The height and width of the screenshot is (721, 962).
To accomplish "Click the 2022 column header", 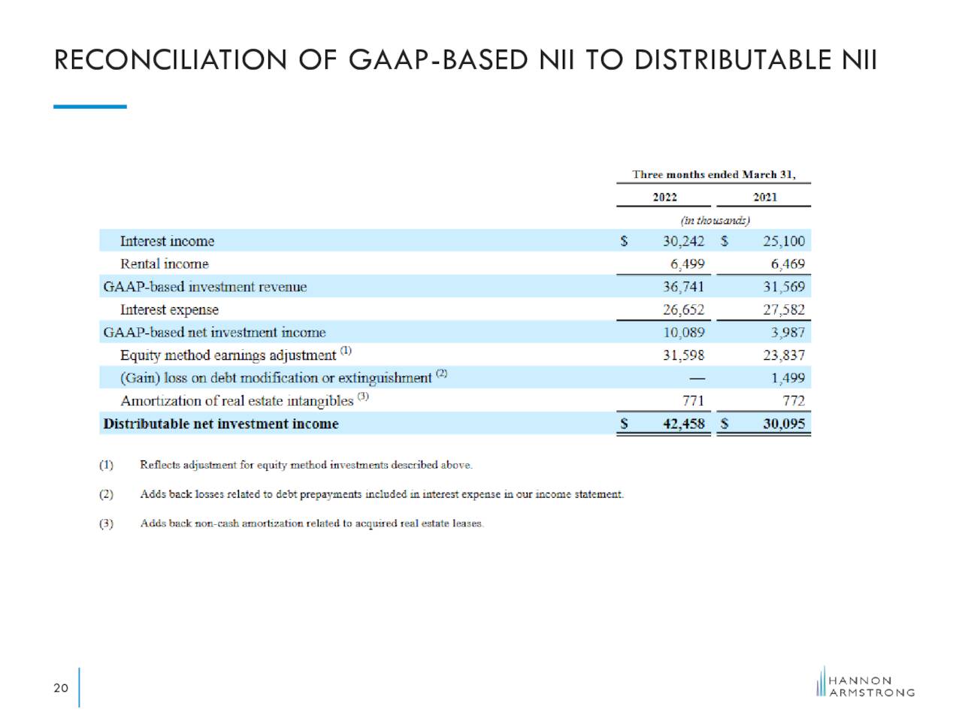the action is (664, 198).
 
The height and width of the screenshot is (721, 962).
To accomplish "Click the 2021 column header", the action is (765, 198).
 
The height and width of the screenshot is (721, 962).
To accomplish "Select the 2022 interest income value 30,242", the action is (683, 241).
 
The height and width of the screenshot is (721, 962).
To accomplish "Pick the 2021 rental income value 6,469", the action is (788, 264).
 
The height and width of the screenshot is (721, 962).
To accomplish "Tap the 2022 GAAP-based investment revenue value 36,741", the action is (683, 287).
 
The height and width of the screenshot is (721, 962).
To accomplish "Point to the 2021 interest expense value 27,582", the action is (784, 310).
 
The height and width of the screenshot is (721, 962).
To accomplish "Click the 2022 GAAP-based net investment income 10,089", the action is (683, 333).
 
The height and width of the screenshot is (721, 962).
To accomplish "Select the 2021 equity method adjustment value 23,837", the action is (784, 355).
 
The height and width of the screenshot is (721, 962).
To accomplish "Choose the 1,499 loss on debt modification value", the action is (788, 378).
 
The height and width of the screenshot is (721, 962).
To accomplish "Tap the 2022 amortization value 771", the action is (693, 400).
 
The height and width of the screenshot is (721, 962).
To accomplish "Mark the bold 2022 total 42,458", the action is (683, 424).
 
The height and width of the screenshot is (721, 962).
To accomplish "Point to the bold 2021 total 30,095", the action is (784, 424).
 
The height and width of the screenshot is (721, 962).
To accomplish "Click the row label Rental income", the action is (165, 264).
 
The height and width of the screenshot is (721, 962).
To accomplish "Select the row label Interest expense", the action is (169, 310).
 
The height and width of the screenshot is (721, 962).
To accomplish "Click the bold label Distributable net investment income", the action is (221, 424).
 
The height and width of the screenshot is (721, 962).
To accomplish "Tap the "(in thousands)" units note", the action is (715, 220).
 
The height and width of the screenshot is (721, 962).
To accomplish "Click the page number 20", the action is (61, 688).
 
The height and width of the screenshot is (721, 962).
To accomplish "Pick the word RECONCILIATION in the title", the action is (170, 60).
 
